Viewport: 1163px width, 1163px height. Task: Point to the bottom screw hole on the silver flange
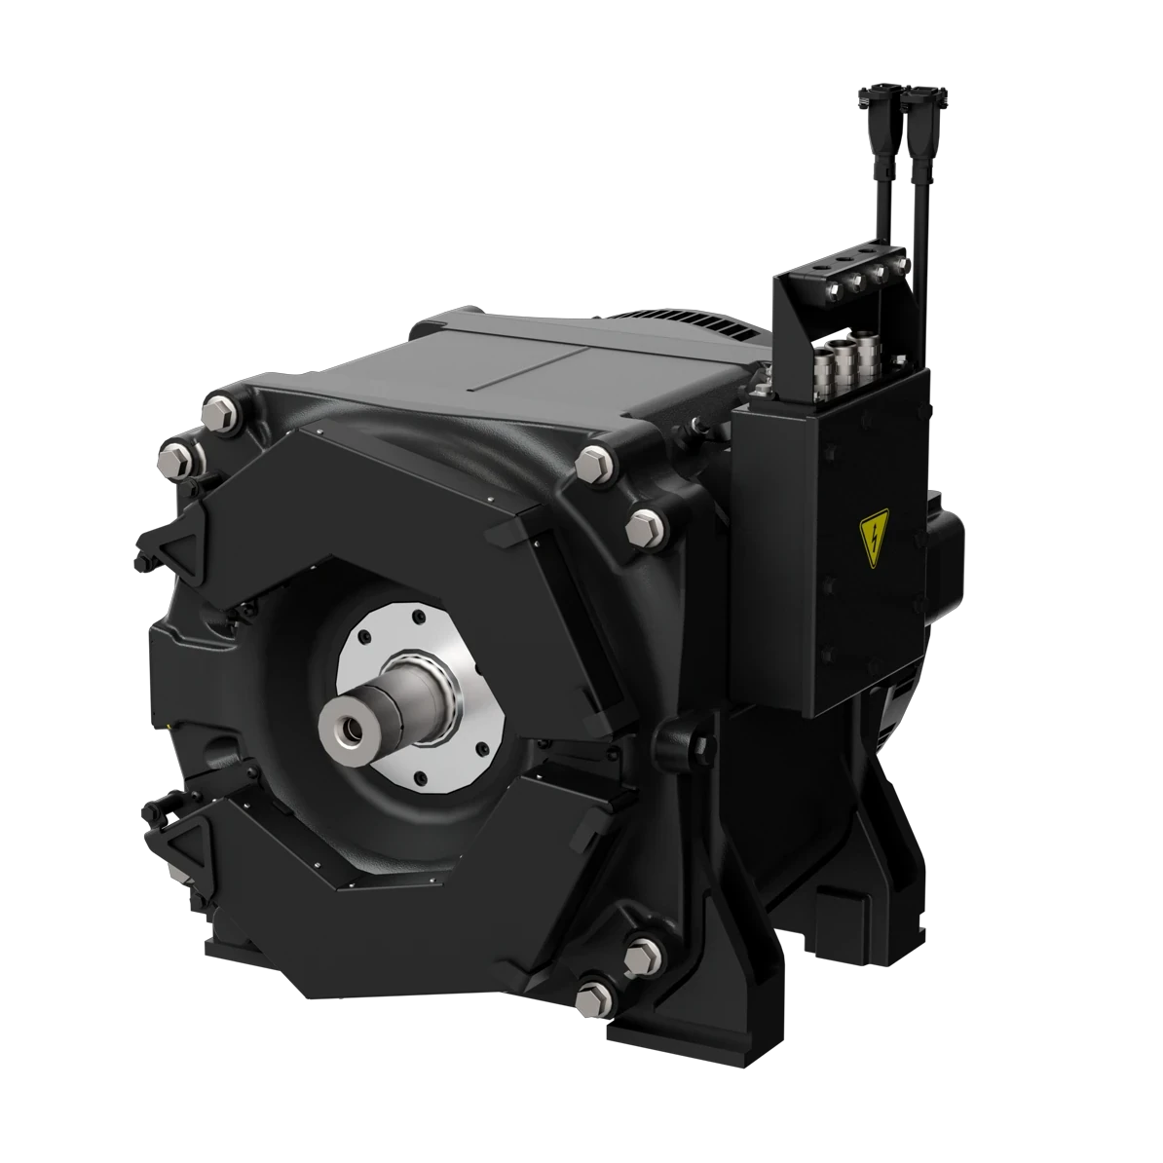(x=419, y=776)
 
